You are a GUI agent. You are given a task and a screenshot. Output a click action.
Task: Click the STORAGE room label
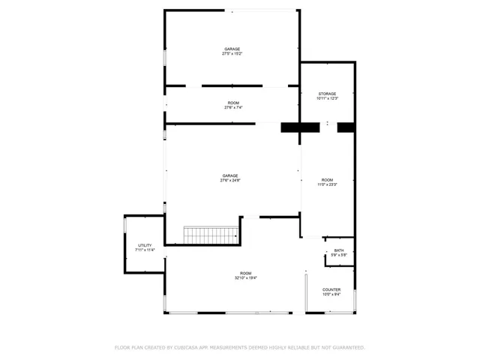click(327, 94)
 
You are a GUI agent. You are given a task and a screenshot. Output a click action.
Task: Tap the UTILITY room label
click(145, 245)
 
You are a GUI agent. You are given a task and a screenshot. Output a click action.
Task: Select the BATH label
click(339, 250)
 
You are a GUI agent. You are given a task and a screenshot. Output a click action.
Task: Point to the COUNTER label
click(331, 289)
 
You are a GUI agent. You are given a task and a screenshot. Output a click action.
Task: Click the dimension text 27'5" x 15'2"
click(232, 54)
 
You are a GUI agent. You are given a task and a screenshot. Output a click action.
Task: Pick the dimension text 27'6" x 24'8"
click(230, 181)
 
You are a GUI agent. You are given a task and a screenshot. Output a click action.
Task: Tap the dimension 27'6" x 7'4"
click(233, 107)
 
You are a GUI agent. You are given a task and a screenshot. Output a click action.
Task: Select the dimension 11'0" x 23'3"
click(328, 184)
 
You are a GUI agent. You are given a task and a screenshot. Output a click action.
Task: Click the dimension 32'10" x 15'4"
click(246, 278)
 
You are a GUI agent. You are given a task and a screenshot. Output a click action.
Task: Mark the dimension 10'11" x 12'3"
click(327, 98)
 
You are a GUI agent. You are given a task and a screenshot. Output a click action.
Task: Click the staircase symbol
click(211, 235)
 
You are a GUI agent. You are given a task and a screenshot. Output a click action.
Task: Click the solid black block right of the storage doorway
click(346, 127)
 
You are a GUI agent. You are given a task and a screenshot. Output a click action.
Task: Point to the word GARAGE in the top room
click(232, 49)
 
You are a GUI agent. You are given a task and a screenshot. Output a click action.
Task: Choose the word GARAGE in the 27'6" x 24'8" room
click(230, 176)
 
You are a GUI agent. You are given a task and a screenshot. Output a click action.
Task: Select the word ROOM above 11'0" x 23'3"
click(328, 180)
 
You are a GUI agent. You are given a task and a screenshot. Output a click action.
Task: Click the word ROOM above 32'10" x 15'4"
click(246, 274)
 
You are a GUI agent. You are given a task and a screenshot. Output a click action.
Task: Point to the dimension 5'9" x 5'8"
click(339, 255)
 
